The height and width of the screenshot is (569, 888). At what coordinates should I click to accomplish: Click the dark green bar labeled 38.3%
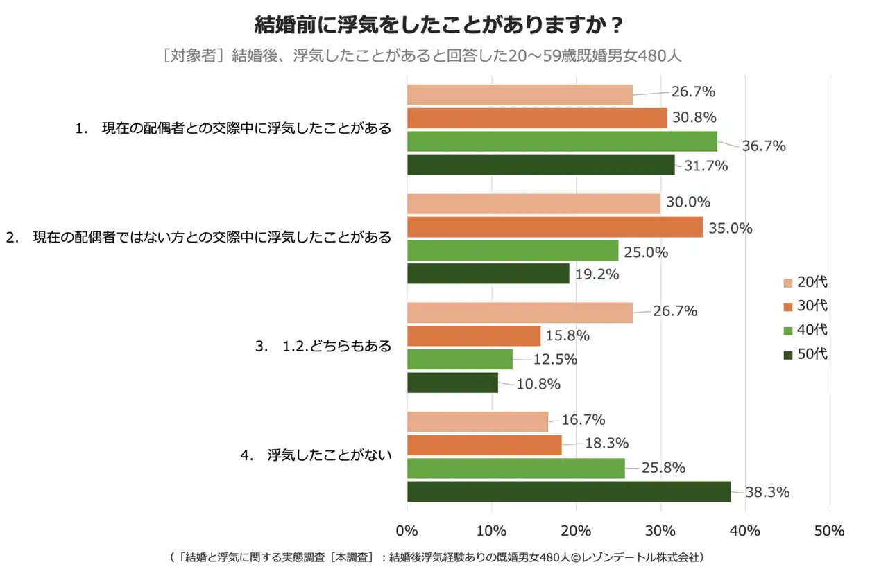click(x=568, y=491)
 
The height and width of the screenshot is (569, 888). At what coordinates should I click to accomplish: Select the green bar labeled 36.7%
click(x=562, y=141)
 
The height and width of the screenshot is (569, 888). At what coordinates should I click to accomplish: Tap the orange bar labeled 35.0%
click(x=554, y=227)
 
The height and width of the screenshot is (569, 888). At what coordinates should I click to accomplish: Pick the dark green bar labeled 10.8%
click(x=452, y=383)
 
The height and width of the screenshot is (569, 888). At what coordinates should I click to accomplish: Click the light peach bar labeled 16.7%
click(x=477, y=421)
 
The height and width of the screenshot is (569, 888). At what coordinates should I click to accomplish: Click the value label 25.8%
click(x=663, y=468)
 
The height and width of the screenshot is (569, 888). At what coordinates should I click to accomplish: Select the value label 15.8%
click(x=567, y=336)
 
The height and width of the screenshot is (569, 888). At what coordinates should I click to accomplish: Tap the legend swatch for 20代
click(x=787, y=283)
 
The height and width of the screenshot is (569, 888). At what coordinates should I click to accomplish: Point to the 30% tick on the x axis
click(x=660, y=532)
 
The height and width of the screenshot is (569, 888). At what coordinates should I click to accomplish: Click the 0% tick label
click(x=407, y=532)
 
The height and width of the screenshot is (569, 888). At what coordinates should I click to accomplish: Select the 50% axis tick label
click(x=829, y=532)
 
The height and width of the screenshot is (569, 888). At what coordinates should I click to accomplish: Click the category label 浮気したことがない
click(x=329, y=455)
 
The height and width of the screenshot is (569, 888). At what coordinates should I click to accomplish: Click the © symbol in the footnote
click(x=577, y=557)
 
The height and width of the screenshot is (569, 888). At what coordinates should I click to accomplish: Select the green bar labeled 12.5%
click(x=459, y=359)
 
